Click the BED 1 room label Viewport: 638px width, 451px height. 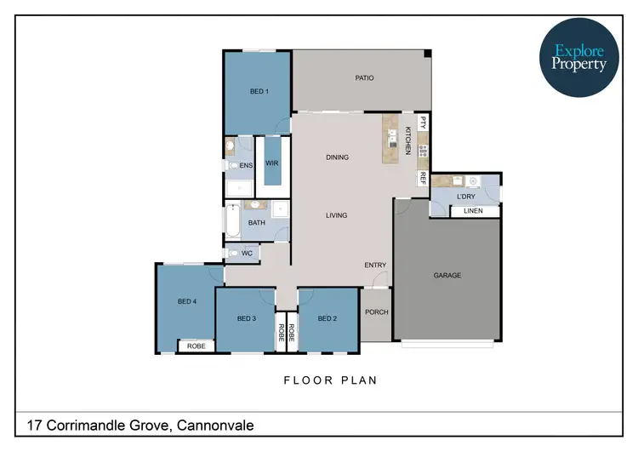(x=259, y=91)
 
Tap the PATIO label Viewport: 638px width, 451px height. (x=364, y=78)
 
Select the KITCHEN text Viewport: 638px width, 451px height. (x=408, y=140)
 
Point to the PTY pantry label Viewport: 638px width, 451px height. (x=422, y=123)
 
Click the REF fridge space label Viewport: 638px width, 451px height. (x=422, y=178)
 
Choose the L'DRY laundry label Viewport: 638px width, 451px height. (x=466, y=197)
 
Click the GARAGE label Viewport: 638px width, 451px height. (x=447, y=275)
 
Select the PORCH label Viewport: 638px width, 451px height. (x=376, y=312)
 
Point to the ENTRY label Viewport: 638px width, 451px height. (x=375, y=265)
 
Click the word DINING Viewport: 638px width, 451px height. (x=338, y=157)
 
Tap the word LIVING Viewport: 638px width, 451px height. (x=337, y=215)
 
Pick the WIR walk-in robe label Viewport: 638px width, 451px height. (x=272, y=163)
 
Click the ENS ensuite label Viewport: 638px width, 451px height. (x=246, y=165)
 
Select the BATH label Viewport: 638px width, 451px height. (x=257, y=223)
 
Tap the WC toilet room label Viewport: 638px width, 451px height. (x=247, y=253)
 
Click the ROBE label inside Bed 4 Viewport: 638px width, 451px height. (x=197, y=346)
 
